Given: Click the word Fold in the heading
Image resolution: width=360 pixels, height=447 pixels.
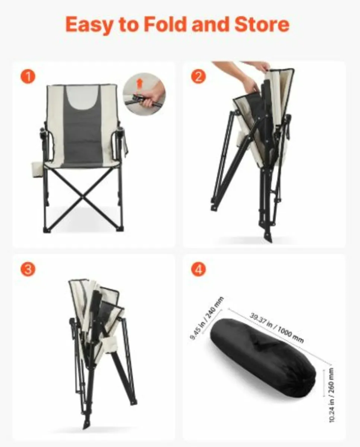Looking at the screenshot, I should pos(163,25).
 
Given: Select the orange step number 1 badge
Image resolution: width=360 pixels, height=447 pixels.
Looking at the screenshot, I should pos(28,77).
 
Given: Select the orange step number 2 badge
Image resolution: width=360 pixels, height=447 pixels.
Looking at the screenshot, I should pos(198,77).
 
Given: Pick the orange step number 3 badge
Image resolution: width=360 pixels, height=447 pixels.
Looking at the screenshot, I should pos(28,270).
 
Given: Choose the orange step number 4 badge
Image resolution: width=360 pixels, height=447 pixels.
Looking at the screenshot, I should pos(198,270).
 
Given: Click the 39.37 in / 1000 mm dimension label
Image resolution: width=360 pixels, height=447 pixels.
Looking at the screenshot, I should pos(277,328).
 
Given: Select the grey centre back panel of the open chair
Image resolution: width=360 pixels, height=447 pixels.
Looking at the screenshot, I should pos(82,138).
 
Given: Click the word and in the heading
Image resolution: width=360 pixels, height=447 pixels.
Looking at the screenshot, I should pos(209,25).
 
